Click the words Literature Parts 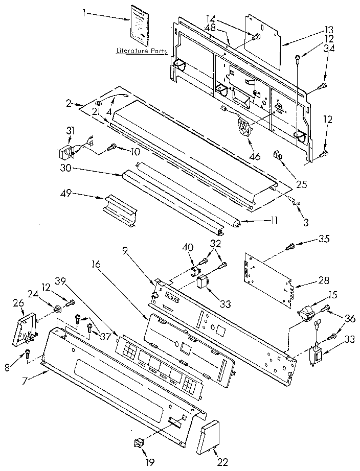[138, 52]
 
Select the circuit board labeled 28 [268, 279]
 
